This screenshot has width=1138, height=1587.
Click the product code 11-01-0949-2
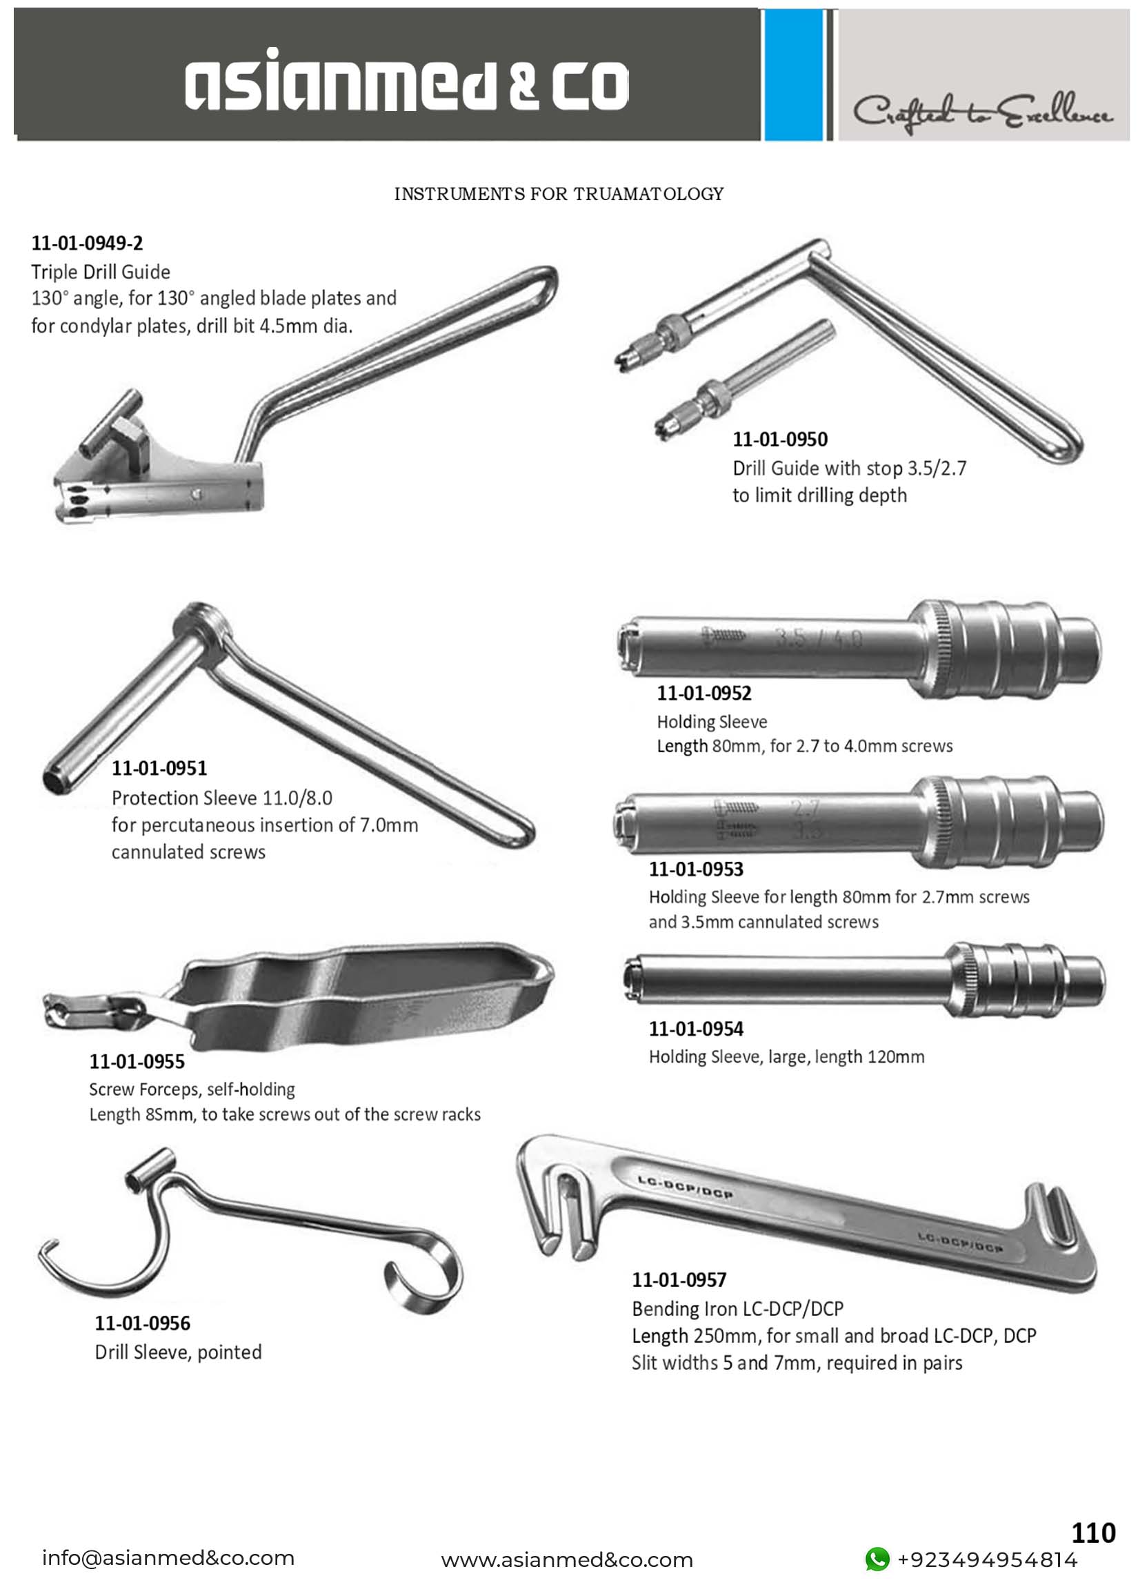coord(87,243)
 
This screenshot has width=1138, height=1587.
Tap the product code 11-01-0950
coord(780,440)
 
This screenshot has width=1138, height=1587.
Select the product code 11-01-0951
coord(159,768)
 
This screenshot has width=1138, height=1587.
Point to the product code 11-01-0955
coord(137,1061)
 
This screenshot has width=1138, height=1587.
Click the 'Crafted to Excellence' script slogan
coord(982,112)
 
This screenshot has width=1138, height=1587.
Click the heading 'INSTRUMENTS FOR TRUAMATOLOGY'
coord(559,194)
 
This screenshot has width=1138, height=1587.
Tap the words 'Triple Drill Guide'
coord(101,271)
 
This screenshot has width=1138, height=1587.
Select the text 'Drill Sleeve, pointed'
coord(179,1352)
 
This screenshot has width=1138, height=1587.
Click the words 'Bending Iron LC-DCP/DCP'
coord(737,1308)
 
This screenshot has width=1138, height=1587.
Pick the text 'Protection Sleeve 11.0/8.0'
coord(221,798)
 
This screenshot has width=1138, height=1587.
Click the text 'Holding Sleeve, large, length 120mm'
coord(786,1056)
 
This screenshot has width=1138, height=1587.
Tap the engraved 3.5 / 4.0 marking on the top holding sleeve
coord(818,638)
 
